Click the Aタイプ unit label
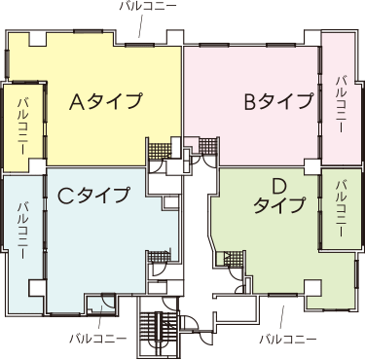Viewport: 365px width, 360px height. (x=106, y=101)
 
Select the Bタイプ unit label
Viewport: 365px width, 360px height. (x=278, y=101)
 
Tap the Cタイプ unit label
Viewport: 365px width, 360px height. (x=93, y=195)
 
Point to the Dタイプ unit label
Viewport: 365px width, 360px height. (x=279, y=197)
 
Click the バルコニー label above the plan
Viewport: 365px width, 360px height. (x=148, y=6)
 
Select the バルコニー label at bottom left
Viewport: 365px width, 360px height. (x=98, y=339)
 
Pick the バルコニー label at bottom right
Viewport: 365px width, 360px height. (x=288, y=340)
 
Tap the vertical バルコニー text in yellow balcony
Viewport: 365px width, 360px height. (x=23, y=126)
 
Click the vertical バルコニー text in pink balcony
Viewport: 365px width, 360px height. (x=341, y=104)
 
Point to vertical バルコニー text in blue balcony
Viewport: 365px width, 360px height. (x=23, y=231)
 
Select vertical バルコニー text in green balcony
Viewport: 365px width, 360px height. (x=342, y=209)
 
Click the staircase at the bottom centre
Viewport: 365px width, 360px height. (x=159, y=334)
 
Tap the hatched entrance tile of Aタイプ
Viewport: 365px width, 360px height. (x=160, y=151)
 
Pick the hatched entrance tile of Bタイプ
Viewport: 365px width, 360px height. (x=207, y=147)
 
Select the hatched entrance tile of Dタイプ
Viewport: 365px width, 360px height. (x=233, y=259)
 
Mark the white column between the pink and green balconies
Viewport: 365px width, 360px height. (x=312, y=166)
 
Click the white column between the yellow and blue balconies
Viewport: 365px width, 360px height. (x=37, y=167)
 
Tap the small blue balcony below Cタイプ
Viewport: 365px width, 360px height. (x=101, y=305)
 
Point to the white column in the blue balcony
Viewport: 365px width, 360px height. (x=36, y=288)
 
